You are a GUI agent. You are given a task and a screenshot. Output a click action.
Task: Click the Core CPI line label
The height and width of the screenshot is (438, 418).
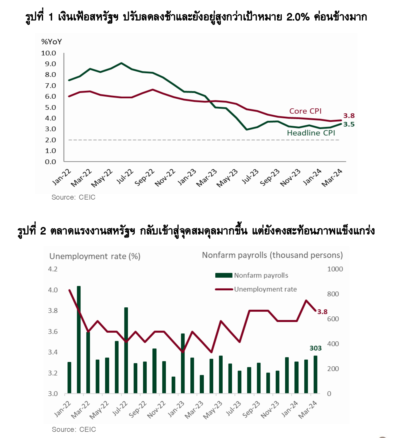tap(305, 111)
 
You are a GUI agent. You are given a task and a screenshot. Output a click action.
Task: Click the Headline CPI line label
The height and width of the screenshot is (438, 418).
tap(311, 133)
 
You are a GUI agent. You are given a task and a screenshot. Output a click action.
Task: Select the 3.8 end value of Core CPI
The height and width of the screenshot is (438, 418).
tap(349, 116)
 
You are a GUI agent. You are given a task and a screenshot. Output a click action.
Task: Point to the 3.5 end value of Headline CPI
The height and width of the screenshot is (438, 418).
tap(349, 124)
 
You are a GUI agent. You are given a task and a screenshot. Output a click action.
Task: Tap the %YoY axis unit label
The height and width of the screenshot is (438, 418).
tap(52, 42)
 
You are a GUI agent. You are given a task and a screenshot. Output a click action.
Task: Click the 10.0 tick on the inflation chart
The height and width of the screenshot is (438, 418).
tap(48, 53)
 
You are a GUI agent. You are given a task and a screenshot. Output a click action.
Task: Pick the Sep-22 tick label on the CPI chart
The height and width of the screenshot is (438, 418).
tap(144, 177)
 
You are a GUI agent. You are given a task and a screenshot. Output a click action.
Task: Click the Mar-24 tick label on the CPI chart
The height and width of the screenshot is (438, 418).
tap(332, 178)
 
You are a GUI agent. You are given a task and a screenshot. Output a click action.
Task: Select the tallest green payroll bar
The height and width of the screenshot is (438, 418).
tap(79, 340)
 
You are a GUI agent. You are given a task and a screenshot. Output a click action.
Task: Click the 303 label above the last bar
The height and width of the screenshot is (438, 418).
tap(315, 348)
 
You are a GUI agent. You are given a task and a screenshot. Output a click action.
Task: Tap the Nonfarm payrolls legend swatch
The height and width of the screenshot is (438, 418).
tap(224, 275)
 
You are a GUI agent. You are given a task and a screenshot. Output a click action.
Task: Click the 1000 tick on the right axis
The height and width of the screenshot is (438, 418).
tap(335, 269)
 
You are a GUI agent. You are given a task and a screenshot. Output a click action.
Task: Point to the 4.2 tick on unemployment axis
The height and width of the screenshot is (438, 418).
tap(53, 269)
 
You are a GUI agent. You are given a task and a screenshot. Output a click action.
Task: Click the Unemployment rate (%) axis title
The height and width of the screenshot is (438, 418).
tap(95, 256)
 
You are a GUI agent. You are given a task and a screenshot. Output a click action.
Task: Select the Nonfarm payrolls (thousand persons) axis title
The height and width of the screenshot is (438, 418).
tap(272, 255)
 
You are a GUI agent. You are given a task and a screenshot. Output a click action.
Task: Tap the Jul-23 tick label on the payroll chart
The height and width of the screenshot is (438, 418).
tap(233, 408)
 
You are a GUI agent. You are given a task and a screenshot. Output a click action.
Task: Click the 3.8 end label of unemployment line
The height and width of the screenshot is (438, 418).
tap(322, 312)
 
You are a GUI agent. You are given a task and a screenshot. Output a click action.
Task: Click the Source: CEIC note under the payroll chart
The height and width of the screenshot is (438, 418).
tap(74, 429)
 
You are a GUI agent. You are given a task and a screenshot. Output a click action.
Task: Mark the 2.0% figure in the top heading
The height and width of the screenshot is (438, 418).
tap(298, 17)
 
